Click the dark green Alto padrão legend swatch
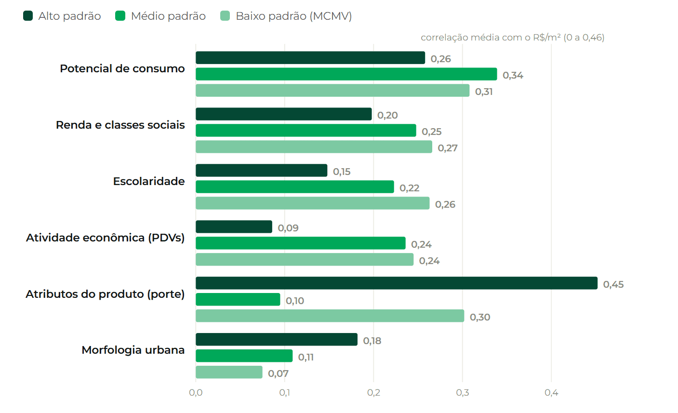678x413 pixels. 28,16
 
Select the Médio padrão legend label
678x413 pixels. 168,16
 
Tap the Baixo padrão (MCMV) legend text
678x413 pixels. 293,16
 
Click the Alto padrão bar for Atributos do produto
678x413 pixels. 397,283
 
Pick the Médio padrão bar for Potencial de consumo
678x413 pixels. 346,74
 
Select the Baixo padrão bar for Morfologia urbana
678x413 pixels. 229,372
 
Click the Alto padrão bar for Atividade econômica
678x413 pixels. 234,227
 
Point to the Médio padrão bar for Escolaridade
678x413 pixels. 295,187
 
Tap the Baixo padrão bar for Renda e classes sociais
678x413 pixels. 314,147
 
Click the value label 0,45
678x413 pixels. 613,284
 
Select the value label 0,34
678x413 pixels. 513,75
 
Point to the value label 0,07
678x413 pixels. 278,373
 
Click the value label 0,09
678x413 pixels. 288,228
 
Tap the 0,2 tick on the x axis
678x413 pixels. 373,393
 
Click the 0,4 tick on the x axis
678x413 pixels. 551,393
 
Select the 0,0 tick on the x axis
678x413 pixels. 196,393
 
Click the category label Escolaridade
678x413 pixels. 149,181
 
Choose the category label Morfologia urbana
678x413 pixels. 133,350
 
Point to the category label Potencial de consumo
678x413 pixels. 122,68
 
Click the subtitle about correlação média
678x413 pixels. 512,37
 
